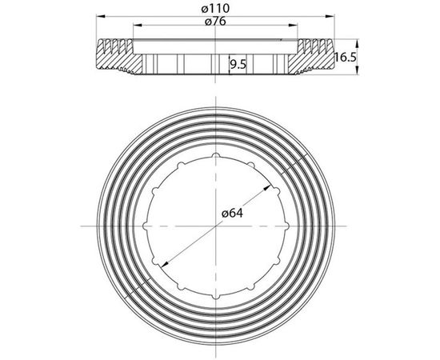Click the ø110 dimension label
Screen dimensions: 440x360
[x=215, y=9]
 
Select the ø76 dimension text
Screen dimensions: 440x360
[x=215, y=22]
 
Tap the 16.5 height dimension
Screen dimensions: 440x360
[x=346, y=58]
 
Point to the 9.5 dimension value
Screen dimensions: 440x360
[x=238, y=65]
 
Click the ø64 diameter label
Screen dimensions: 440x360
[x=232, y=214]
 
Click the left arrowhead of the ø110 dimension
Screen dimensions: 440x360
[x=101, y=16]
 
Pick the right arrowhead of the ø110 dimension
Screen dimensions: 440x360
[x=330, y=16]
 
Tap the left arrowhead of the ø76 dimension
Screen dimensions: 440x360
[x=138, y=26]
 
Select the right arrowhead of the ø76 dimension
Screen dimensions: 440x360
[x=293, y=26]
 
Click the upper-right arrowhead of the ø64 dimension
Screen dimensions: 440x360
[x=267, y=187]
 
